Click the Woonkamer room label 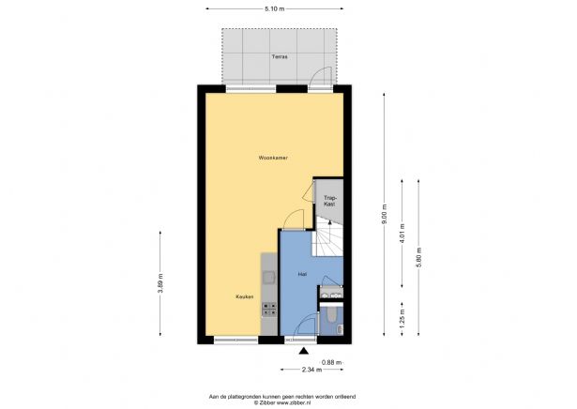pos(273,158)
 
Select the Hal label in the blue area pos(302,274)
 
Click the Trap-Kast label pos(328,200)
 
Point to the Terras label pos(279,57)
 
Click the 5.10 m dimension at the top pos(274,8)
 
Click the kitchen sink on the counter pos(267,277)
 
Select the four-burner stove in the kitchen pos(267,307)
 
